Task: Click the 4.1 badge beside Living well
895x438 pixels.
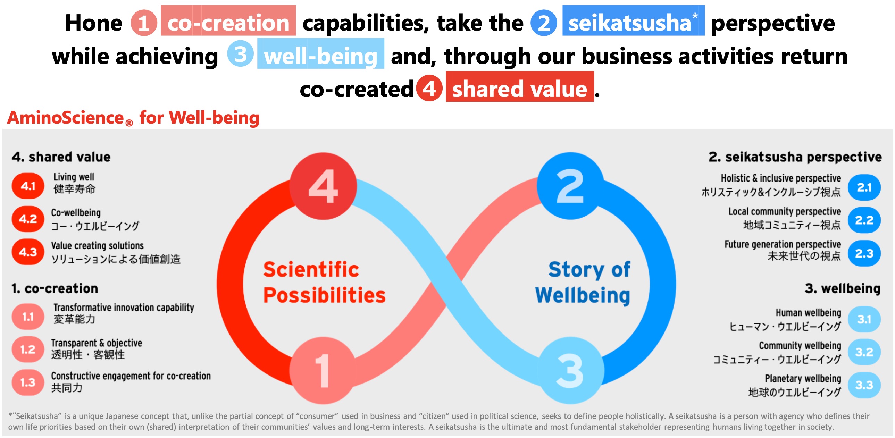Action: pos(28,186)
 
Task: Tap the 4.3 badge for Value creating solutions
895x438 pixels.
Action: pos(28,252)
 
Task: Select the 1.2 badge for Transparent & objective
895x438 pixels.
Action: pos(28,349)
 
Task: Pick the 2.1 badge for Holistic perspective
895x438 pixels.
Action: pos(864,187)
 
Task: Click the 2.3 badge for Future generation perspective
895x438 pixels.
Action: pos(864,254)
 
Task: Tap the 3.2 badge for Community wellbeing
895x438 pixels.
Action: pos(864,352)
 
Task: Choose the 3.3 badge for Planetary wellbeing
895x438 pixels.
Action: pos(864,385)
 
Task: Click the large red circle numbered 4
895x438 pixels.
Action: pos(323,186)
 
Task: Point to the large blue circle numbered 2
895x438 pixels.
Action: pos(570,186)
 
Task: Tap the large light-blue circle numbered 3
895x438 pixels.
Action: pos(570,370)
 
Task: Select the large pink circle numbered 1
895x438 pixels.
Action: pos(323,370)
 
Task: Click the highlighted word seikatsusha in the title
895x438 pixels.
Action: pos(629,23)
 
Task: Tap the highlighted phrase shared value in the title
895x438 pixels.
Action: pos(519,89)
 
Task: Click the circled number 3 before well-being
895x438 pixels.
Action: pos(240,54)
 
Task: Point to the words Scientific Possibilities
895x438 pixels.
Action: pos(324,282)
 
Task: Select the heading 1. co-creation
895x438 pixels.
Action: pos(55,289)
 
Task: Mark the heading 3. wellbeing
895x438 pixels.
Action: pos(842,289)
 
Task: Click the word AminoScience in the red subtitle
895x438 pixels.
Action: pos(65,118)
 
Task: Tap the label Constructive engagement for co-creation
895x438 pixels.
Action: pos(131,376)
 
